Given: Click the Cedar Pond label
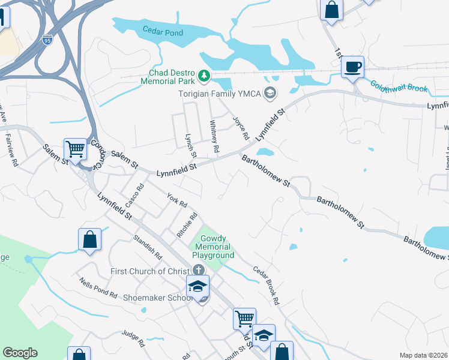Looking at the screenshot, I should pos(163,31).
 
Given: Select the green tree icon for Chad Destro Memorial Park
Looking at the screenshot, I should pos(205,76).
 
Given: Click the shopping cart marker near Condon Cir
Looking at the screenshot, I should pos(75,148).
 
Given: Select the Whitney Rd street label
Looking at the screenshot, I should pos(214,135).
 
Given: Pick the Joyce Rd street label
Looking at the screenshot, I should pos(241,127).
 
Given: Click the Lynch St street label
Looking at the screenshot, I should pos(191,143).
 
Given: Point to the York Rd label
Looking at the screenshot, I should pos(177,199).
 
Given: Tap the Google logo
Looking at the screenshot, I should pos(20,353).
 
